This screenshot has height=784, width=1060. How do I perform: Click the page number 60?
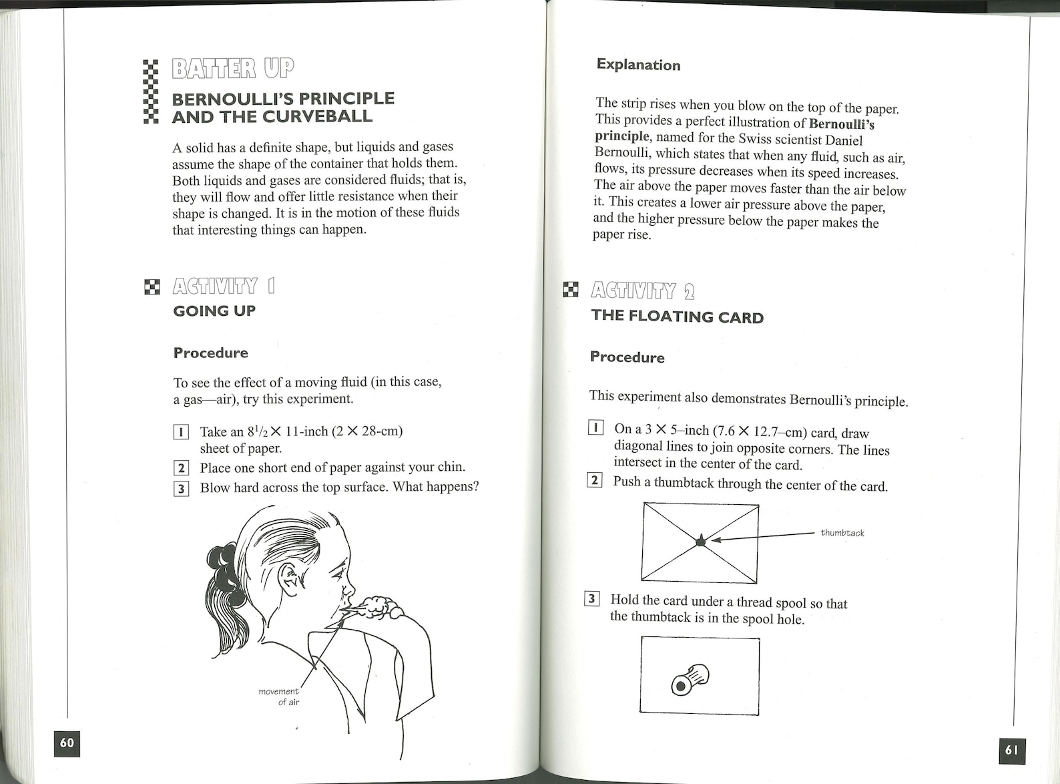[x=67, y=743]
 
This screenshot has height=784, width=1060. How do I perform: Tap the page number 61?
[x=1011, y=751]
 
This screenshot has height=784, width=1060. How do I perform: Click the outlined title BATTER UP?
[x=233, y=68]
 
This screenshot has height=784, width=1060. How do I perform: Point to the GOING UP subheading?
[x=214, y=311]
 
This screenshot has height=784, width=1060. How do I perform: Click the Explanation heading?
[x=639, y=65]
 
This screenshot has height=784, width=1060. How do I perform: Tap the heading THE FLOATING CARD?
[x=678, y=316]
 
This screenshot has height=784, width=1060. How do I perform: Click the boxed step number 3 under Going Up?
[x=181, y=489]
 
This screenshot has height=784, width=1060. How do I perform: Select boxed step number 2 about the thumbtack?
[x=595, y=479]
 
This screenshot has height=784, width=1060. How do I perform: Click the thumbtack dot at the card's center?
[x=701, y=541]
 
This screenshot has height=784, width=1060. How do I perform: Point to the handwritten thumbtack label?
[x=842, y=533]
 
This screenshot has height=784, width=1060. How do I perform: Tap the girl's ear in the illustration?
[x=289, y=580]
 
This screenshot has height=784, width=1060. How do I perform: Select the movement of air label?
[x=279, y=697]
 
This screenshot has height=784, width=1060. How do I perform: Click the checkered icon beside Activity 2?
[x=570, y=289]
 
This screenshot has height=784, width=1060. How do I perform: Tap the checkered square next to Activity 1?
[x=152, y=286]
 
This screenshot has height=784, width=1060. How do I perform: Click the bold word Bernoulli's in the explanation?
[x=842, y=124]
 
